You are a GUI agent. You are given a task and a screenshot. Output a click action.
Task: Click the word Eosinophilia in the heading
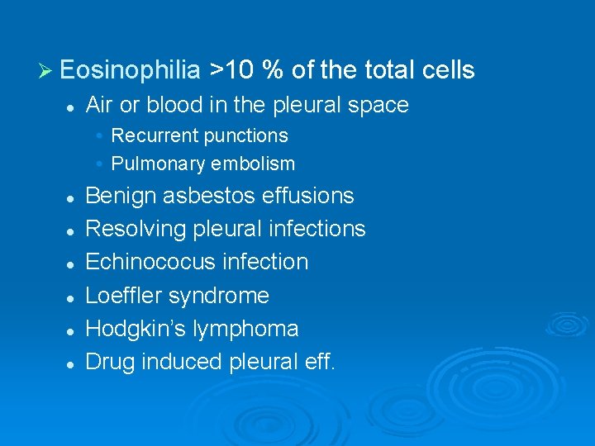click(130, 71)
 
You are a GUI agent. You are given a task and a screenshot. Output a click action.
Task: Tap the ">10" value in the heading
click(231, 71)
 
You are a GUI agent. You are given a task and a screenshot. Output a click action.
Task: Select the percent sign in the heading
click(272, 71)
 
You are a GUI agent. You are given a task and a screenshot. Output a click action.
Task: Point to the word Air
click(99, 105)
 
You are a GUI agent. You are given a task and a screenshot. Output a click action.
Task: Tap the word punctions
click(247, 135)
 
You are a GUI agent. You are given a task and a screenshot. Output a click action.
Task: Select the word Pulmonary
click(158, 164)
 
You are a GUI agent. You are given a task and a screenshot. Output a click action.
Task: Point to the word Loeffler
click(123, 295)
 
